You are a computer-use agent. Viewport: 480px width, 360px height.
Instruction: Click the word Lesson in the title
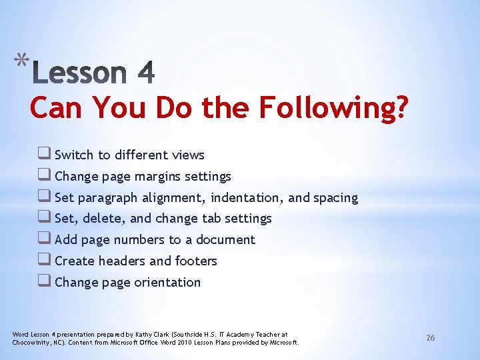click(x=79, y=73)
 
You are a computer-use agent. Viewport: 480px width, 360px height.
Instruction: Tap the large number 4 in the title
click(x=145, y=73)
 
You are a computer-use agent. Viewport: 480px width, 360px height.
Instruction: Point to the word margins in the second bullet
click(x=159, y=177)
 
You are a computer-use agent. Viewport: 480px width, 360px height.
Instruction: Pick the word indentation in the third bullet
click(x=249, y=198)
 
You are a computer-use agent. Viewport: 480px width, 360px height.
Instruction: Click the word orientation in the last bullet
click(x=167, y=283)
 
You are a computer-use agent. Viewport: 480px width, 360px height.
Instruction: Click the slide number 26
click(x=431, y=338)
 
